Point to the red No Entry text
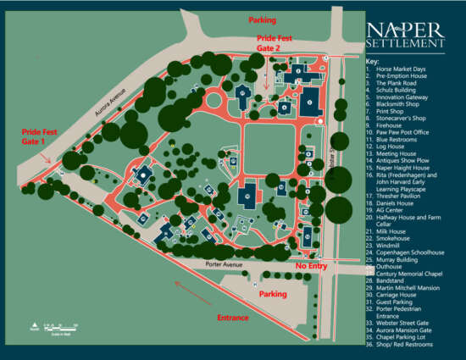click(x=311, y=266)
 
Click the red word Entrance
click(x=232, y=318)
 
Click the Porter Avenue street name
click(x=225, y=265)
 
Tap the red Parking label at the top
click(x=261, y=19)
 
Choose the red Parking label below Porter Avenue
click(x=273, y=294)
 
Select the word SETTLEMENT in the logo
click(x=405, y=42)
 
